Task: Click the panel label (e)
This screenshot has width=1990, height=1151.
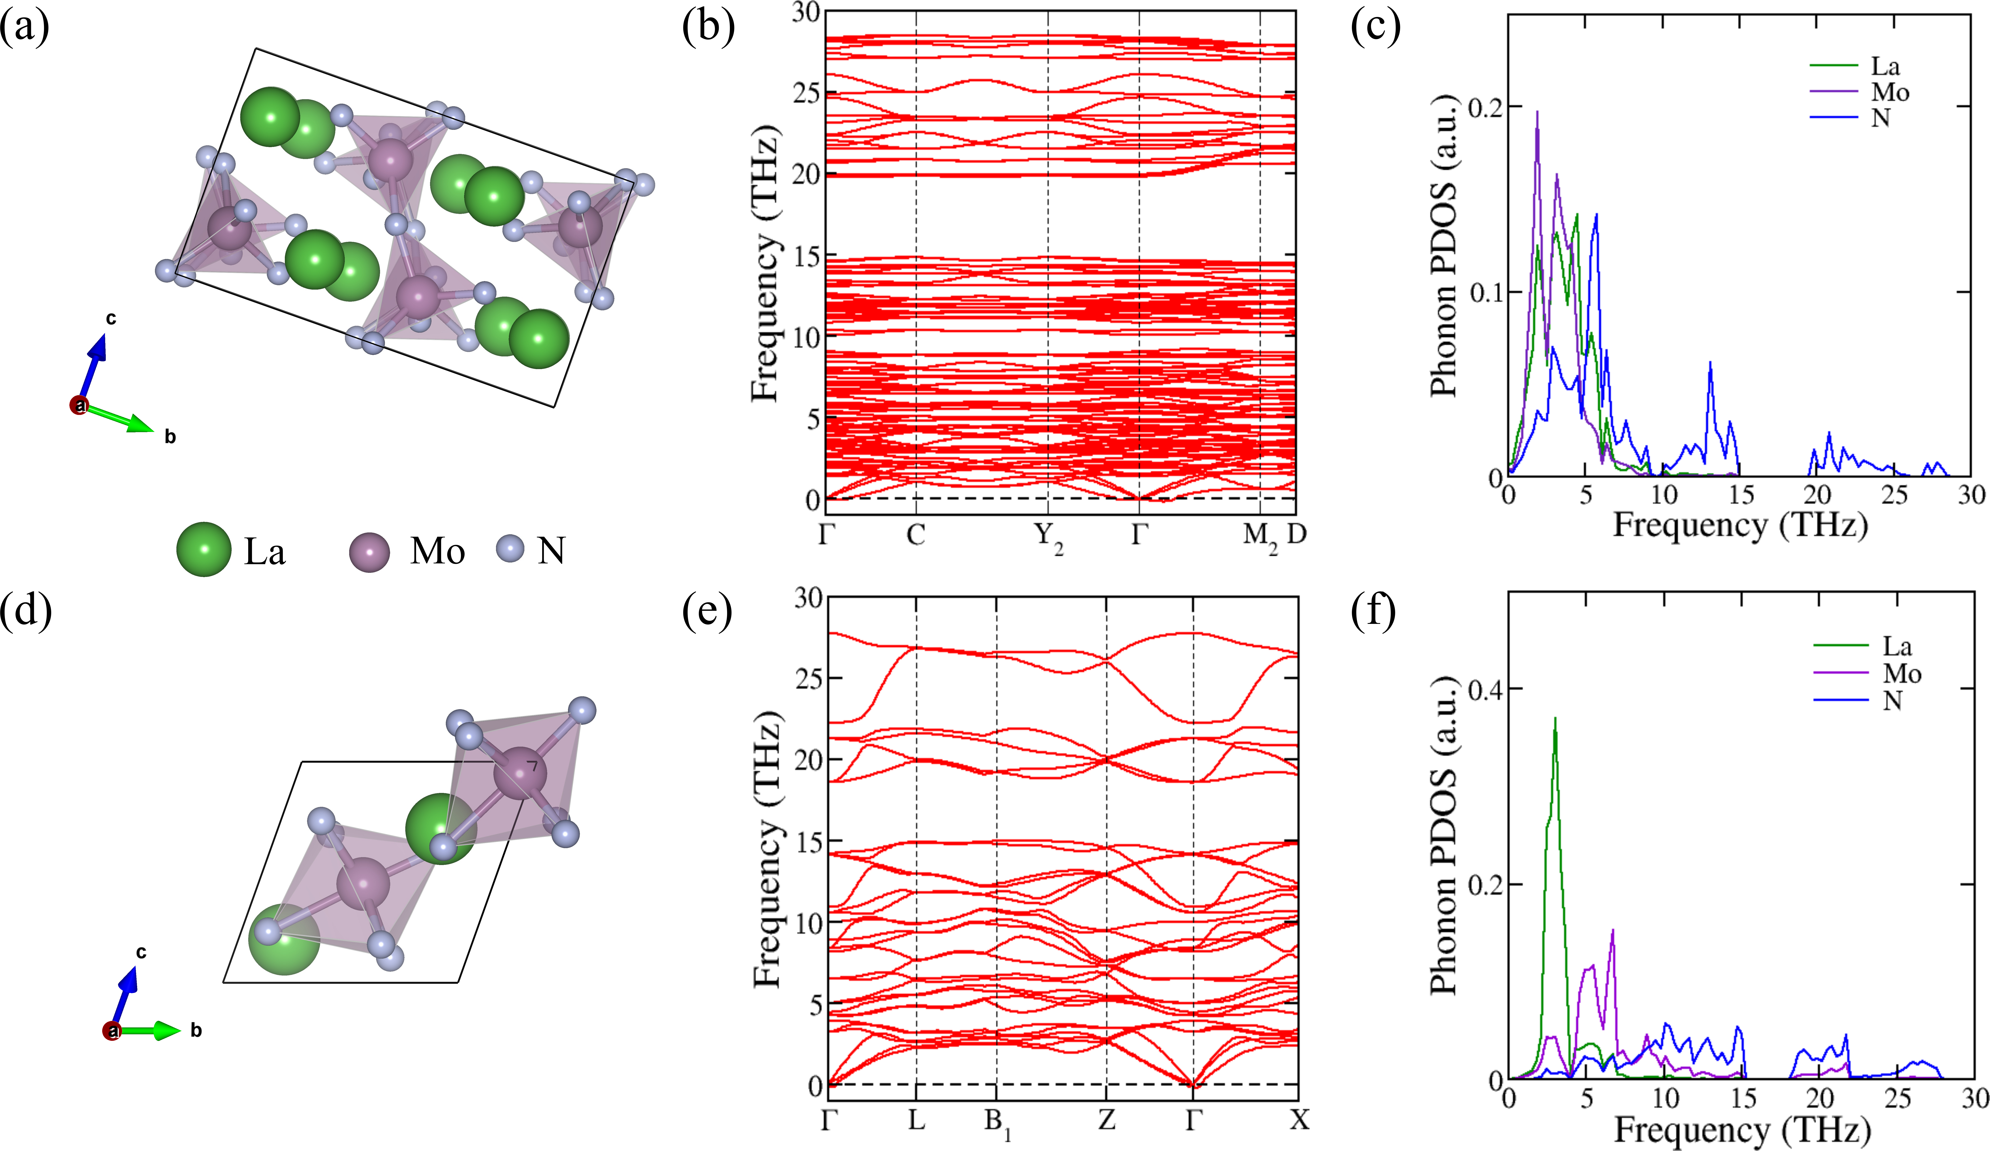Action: point(707,612)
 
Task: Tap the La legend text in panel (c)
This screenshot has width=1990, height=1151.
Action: point(1885,66)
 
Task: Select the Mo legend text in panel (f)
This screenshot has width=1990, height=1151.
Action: point(1901,673)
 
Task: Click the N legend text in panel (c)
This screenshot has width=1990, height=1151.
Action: point(1880,118)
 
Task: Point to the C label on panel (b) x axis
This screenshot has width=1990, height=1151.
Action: point(915,535)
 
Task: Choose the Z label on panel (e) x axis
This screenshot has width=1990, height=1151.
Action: point(1106,1119)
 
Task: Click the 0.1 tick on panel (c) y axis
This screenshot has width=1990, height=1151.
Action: point(1485,292)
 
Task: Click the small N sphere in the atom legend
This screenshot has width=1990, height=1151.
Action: point(511,548)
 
